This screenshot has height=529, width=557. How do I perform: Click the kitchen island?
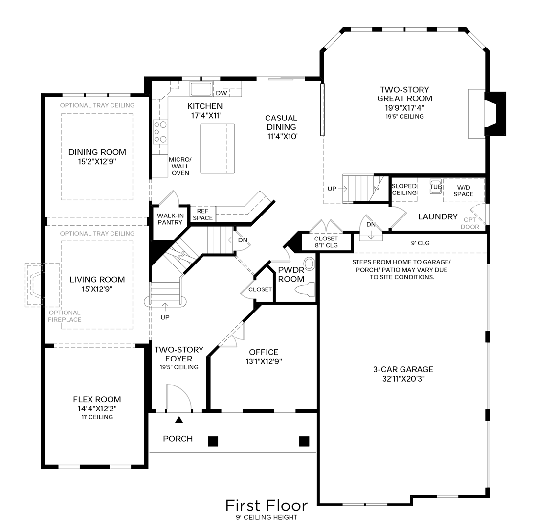[x=218, y=149]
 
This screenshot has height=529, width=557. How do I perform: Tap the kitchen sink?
[x=201, y=89]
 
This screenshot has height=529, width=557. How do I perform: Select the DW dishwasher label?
[x=222, y=93]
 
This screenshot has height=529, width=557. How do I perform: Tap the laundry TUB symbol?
[x=436, y=187]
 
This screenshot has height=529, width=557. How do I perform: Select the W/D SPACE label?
[x=463, y=191]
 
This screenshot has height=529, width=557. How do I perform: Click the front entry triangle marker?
[x=179, y=420]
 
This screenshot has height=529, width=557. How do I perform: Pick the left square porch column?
[x=213, y=441]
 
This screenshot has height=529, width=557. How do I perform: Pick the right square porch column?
[x=304, y=441]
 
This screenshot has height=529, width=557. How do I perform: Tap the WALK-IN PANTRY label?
[x=170, y=219]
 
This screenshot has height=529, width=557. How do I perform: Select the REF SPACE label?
[x=202, y=215]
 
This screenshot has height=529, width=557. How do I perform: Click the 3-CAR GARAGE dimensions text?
[x=403, y=379]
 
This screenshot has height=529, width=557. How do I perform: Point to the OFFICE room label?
[x=264, y=352]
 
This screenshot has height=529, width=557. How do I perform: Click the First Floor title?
[x=267, y=505]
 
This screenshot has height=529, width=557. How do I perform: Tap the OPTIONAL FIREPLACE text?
[x=65, y=316]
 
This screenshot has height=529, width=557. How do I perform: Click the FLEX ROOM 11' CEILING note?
[x=97, y=417]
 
